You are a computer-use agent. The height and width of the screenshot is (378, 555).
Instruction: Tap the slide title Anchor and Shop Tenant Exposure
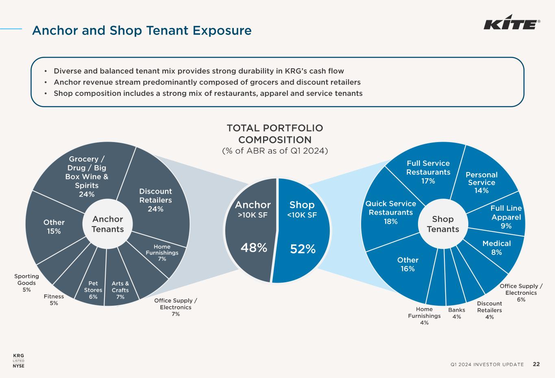coord(142,30)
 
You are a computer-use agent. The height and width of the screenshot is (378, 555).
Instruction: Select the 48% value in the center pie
coord(254,247)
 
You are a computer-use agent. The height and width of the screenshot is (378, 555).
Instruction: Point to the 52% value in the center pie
coord(303,249)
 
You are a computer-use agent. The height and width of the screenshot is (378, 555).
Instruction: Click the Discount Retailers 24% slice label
coord(155,200)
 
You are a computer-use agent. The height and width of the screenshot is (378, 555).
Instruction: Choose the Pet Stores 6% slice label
coord(93,290)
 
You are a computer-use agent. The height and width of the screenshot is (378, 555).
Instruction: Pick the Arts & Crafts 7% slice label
coord(120,290)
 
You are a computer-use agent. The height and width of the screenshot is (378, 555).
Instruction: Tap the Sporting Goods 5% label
coord(26,283)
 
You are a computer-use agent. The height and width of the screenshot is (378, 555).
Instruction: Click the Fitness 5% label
coord(54,300)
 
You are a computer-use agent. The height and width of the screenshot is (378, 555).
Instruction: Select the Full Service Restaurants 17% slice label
coord(428,172)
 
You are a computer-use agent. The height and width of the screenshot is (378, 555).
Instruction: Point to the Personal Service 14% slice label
coord(481,182)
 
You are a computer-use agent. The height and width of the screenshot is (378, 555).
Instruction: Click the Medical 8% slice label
coord(496,248)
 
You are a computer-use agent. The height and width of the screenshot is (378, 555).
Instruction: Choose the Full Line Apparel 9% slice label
coord(506,217)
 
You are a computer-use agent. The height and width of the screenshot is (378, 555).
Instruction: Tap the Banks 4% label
coord(457,313)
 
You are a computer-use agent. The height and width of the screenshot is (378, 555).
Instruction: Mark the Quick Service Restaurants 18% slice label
coord(390,212)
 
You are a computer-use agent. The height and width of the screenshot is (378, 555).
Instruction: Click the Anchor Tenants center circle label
coord(107,224)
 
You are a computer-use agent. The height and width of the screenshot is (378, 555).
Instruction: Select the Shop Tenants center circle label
coord(443,224)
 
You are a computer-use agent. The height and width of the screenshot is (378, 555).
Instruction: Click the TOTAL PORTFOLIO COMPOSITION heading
coord(275,134)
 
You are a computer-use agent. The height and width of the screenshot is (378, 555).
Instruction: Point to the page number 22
coord(536,364)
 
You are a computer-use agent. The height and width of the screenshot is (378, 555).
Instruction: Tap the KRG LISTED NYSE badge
coord(19,361)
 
